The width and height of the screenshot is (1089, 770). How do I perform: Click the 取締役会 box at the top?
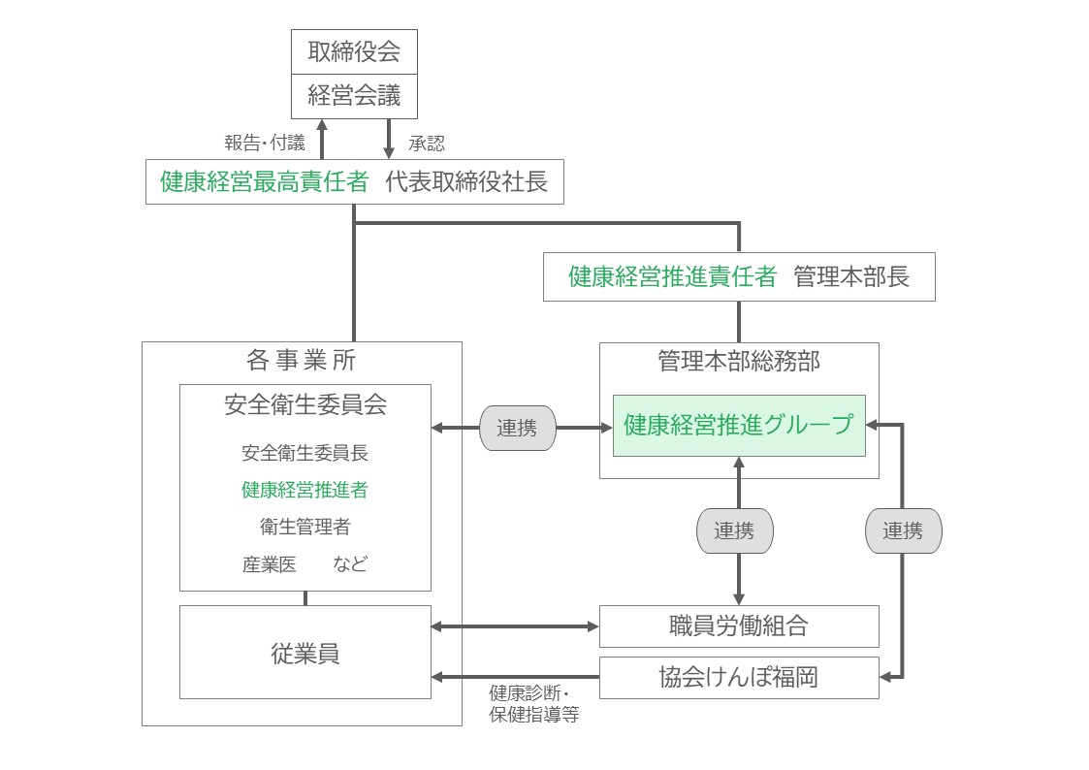pos(354,51)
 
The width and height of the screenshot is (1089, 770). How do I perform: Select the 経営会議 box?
pos(354,96)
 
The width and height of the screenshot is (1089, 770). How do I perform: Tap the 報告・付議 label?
pos(265,143)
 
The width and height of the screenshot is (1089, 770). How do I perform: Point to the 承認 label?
pos(427,144)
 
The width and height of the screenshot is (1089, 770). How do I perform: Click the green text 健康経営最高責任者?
pos(264,182)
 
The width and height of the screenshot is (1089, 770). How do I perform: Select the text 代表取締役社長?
pos(466,182)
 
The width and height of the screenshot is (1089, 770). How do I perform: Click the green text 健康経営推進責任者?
pos(672,277)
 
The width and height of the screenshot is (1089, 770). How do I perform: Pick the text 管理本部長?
pos(851,277)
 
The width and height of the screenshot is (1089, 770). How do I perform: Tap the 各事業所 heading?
pos(301,361)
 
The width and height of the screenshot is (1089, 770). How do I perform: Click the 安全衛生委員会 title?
pos(305,404)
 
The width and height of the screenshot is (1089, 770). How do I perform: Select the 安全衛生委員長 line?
pos(304,453)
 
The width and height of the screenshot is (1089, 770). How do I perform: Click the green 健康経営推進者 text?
pos(304,490)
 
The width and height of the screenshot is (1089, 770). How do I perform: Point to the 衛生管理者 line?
pos(304,527)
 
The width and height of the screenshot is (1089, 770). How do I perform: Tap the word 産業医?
pos(270,564)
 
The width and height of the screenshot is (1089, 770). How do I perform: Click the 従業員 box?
pos(305,652)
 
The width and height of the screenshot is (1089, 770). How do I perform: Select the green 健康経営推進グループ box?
pos(739,426)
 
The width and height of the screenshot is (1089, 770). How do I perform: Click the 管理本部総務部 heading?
pos(739,361)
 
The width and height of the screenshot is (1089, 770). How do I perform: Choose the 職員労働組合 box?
pos(739,626)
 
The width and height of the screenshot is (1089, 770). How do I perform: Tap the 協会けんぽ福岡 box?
pos(739,678)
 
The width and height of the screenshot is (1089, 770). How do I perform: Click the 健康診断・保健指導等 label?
pos(534,703)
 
